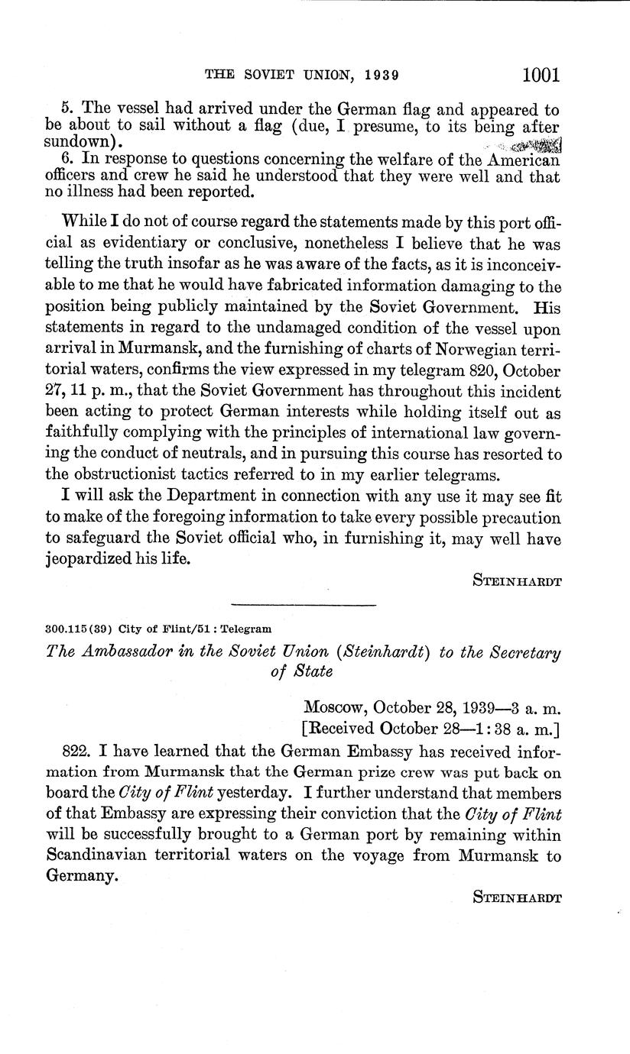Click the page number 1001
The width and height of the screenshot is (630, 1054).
(x=541, y=75)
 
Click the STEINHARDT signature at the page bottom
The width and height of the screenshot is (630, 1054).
(x=517, y=898)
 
